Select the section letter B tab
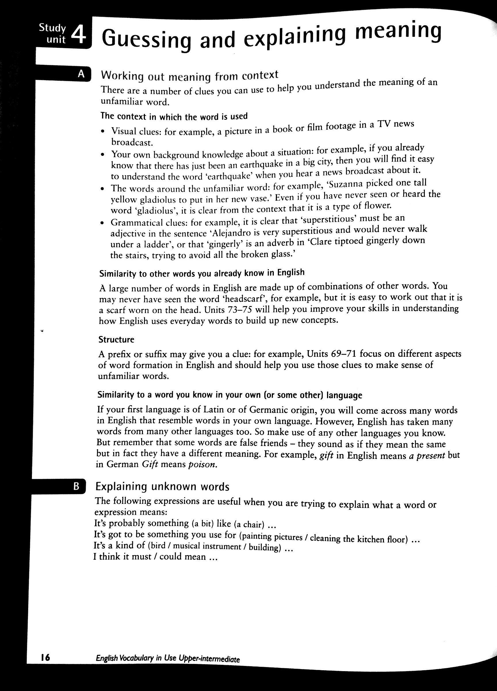(77, 486)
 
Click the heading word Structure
(116, 339)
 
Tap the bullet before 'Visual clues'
(103, 132)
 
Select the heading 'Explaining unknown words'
(162, 487)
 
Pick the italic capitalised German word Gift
(150, 465)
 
